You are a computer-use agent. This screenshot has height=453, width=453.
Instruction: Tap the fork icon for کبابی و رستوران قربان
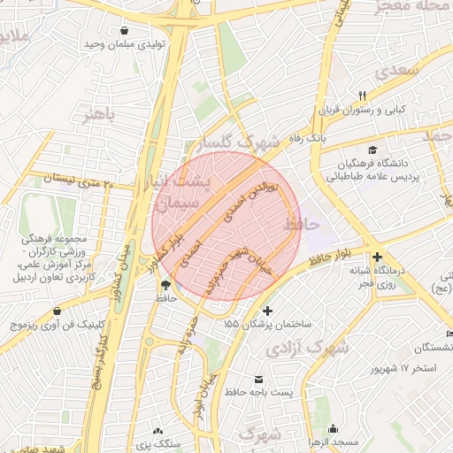[x=362, y=96]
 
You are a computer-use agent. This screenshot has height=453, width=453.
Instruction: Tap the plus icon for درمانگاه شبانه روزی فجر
[x=378, y=256]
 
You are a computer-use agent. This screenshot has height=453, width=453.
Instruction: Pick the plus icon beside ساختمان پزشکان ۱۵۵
[x=269, y=311]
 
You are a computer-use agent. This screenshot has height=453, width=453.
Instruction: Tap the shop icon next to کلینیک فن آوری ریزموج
[x=57, y=311]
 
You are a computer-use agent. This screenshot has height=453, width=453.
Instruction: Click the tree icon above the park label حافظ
[x=165, y=284]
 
